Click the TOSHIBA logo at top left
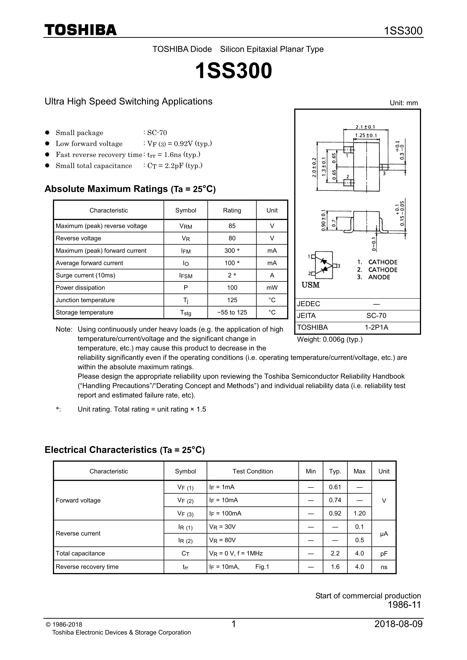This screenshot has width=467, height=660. (81, 30)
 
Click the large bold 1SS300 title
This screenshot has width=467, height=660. (233, 71)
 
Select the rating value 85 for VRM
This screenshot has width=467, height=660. (232, 226)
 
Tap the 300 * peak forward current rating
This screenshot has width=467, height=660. (232, 251)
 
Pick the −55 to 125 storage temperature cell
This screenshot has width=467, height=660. (232, 312)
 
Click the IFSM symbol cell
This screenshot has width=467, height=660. (185, 276)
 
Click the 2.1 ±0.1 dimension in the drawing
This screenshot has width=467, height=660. (365, 127)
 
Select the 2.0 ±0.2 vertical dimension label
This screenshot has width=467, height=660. (314, 167)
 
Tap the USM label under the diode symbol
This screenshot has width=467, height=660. (311, 285)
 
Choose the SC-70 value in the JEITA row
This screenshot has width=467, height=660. (376, 316)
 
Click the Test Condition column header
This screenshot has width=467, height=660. (253, 471)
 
